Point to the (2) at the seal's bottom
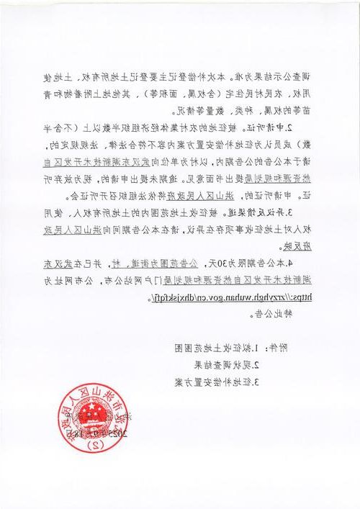(91, 446)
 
